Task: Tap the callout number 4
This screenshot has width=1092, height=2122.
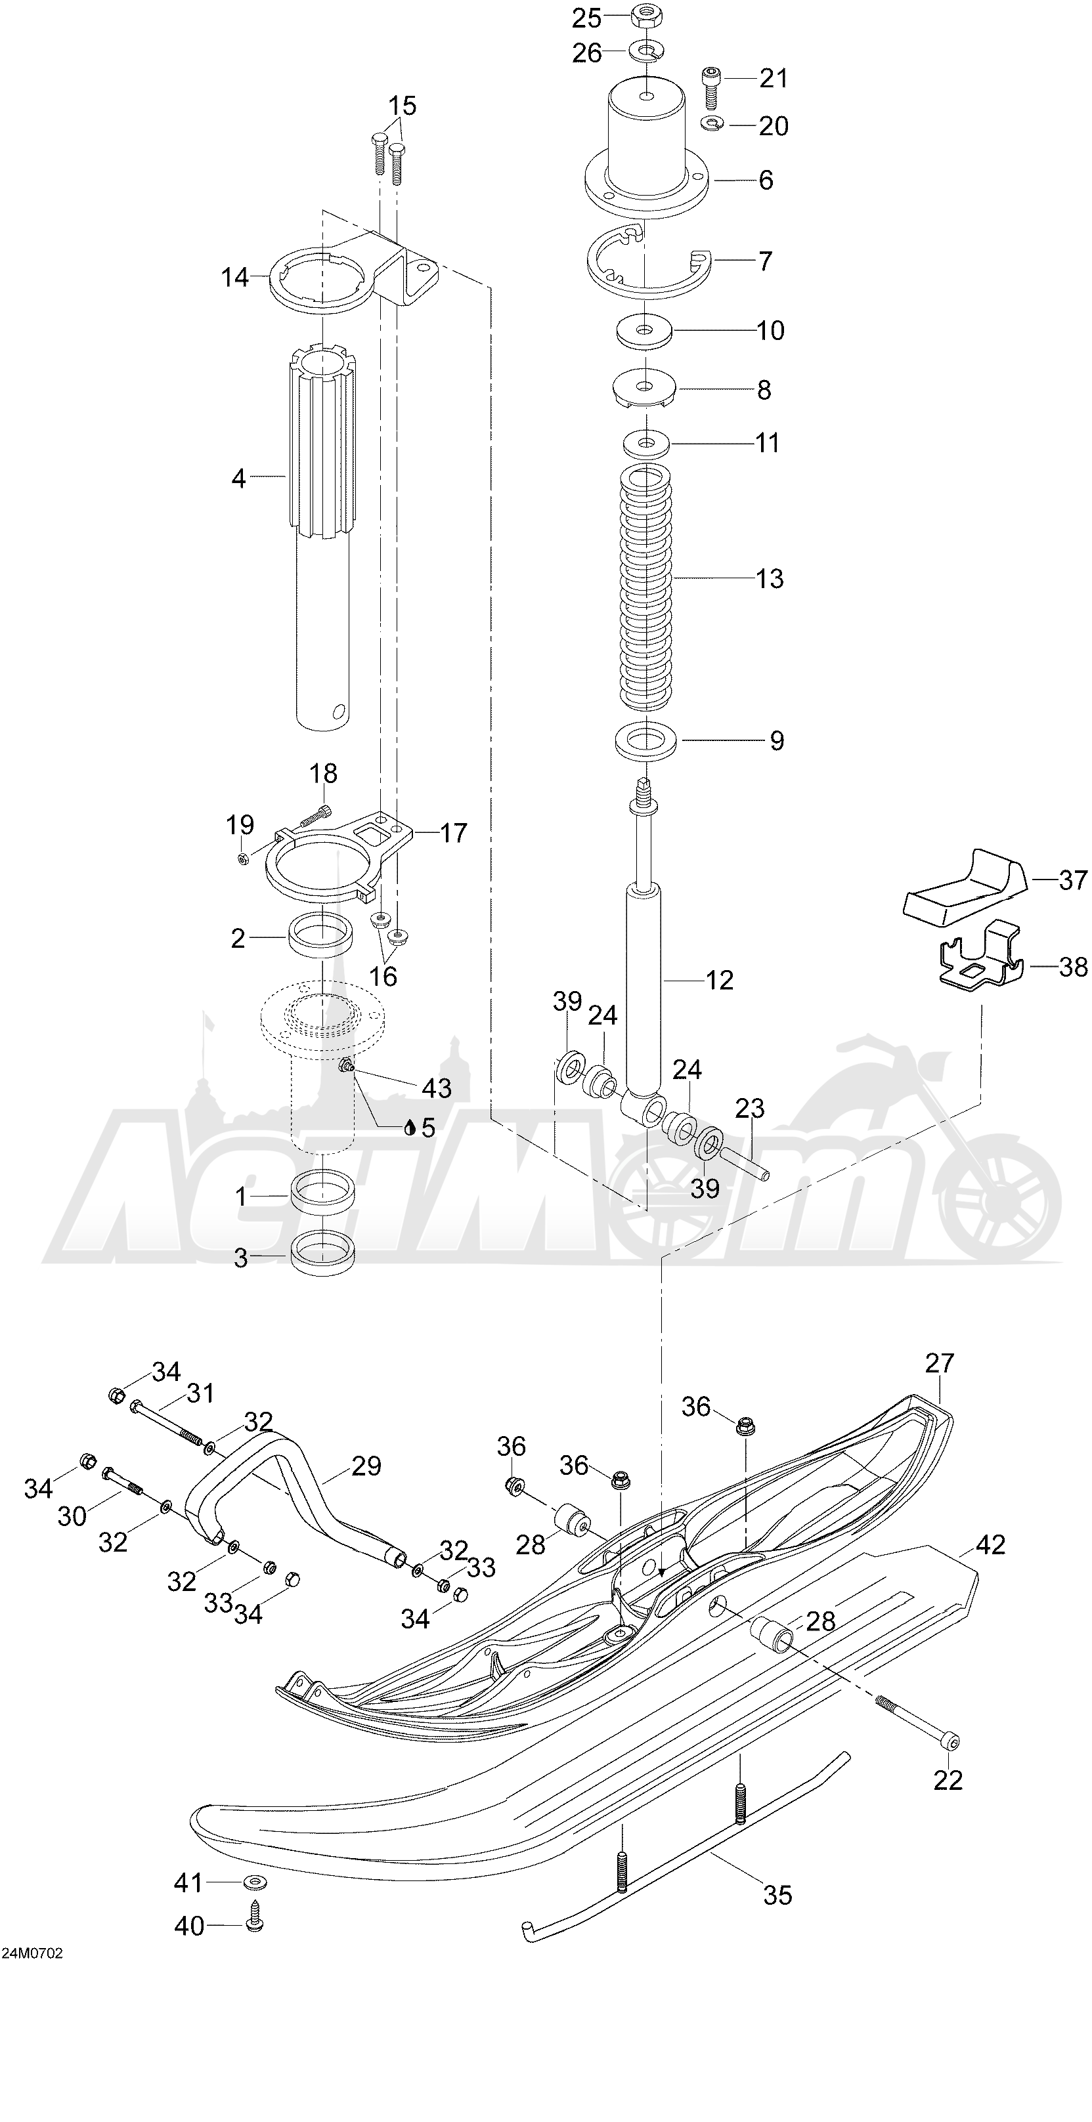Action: click(238, 478)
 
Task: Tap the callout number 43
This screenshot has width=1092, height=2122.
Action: click(436, 1088)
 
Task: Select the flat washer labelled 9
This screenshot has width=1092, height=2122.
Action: click(647, 740)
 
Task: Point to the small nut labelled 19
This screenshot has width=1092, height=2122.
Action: click(243, 859)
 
